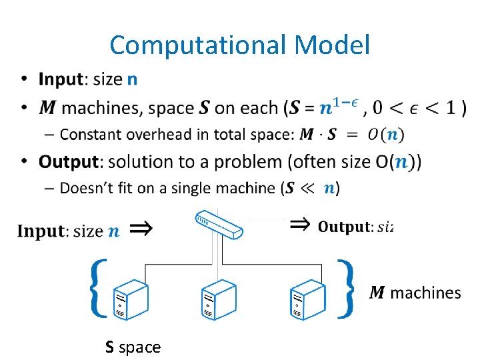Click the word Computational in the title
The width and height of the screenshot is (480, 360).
point(197,45)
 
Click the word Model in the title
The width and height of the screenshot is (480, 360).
point(331,45)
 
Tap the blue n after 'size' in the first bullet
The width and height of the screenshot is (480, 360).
point(133,80)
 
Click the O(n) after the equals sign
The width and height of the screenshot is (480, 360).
point(385,134)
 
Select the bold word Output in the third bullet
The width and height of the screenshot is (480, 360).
point(69,161)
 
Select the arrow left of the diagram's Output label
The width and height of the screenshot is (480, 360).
point(301,225)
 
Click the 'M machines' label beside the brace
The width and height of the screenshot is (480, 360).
point(415,292)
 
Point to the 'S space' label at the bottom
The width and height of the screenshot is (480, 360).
point(133,347)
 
